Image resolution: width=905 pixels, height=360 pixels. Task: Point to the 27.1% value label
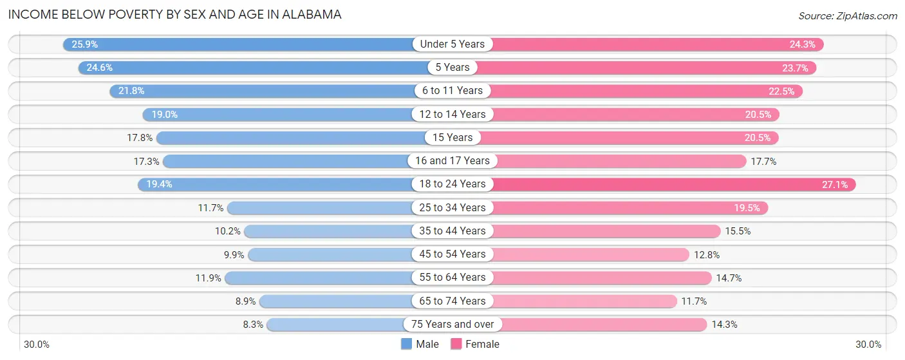point(835,184)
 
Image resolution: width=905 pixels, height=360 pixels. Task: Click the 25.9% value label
point(84,44)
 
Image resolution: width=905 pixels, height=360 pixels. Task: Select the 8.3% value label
point(253,325)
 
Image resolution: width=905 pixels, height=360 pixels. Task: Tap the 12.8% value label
point(706,254)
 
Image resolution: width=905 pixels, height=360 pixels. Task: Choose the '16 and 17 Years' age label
point(452,161)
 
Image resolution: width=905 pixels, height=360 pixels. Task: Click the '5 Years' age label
point(452,68)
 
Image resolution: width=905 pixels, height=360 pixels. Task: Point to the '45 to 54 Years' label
point(452,254)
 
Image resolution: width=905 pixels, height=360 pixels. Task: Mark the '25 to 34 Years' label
point(452,207)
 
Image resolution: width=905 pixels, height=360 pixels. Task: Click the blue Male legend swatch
point(406,344)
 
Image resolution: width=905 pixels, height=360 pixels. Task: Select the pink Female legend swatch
point(456,344)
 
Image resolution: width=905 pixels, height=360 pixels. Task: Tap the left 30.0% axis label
point(37,344)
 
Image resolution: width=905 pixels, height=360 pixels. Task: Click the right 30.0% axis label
point(868,344)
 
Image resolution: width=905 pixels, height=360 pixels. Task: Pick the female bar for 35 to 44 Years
point(605,231)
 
